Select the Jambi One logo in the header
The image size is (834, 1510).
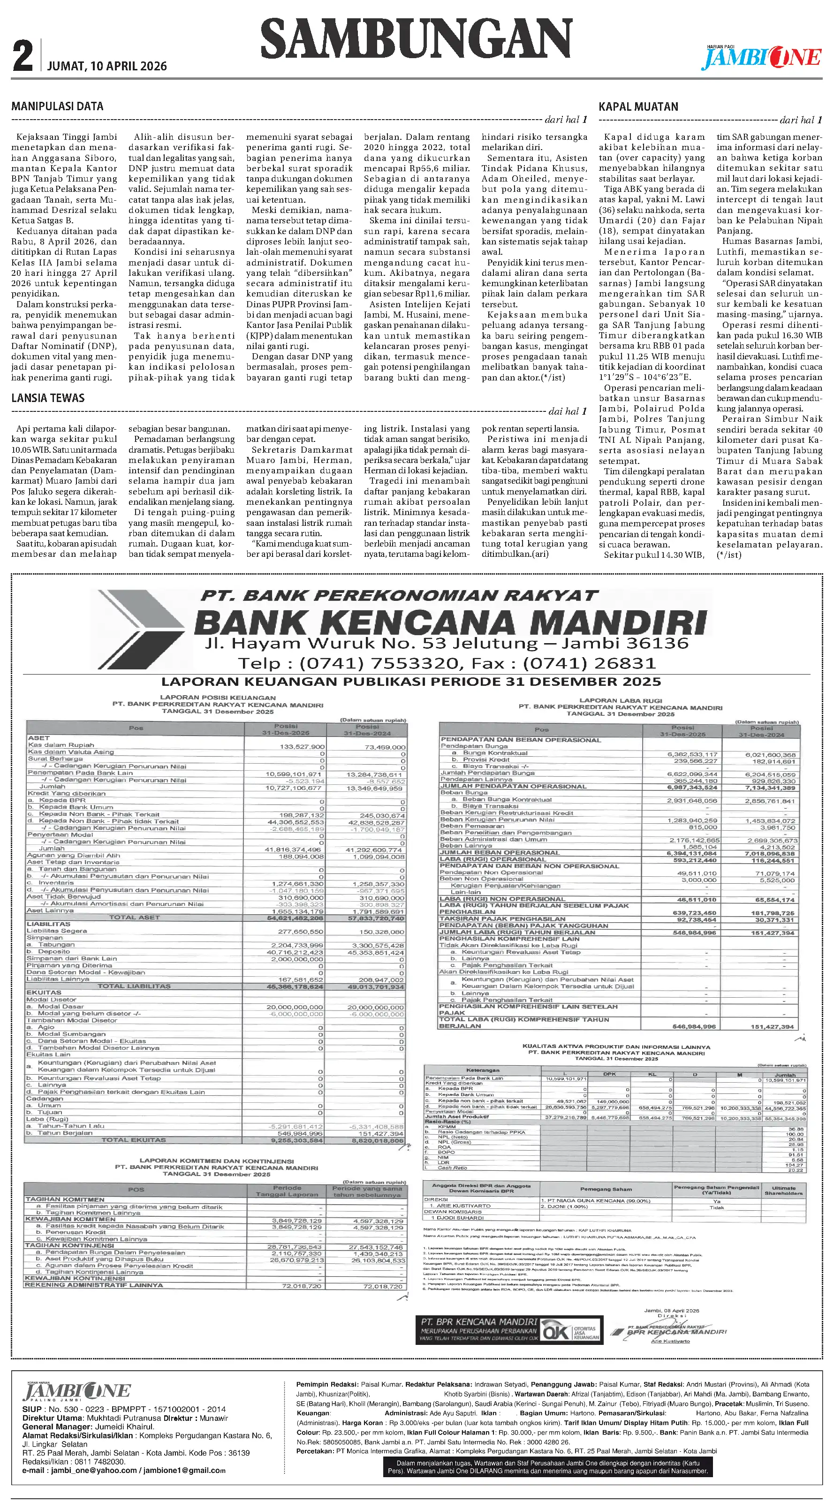(x=762, y=57)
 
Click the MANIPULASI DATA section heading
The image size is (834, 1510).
(x=57, y=106)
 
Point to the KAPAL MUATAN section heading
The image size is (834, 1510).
(x=638, y=106)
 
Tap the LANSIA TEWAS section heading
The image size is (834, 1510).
(x=48, y=398)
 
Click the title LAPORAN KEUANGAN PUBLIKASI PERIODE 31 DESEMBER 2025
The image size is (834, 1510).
(x=411, y=682)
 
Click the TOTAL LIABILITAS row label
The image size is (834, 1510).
(x=134, y=986)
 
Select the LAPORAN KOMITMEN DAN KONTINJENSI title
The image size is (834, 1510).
(x=217, y=1161)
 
